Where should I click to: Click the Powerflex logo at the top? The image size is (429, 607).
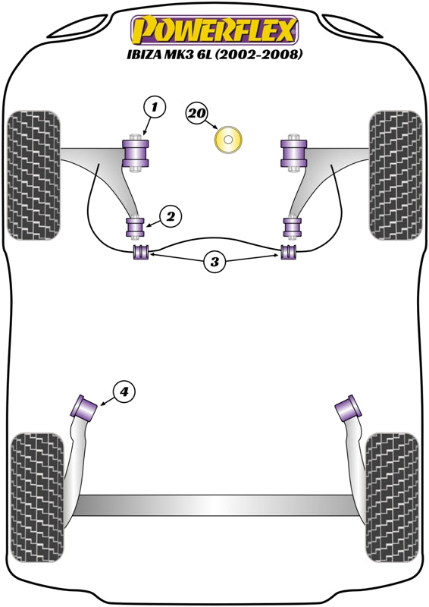pos(214,30)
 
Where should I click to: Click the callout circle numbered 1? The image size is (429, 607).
pos(155,107)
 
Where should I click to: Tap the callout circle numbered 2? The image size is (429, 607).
pos(171,217)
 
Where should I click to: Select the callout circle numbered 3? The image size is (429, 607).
pos(214,262)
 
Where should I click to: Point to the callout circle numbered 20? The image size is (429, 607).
pos(197,113)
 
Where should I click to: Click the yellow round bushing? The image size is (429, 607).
pos(228,139)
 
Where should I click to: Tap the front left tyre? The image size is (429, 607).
pos(34,175)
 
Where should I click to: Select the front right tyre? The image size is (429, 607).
pos(396,175)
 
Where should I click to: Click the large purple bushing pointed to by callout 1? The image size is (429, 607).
pos(136,153)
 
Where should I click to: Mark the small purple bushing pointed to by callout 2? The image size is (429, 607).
pos(136,227)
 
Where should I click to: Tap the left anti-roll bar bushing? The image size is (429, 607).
pos(141,252)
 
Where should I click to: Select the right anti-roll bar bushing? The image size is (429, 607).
pos(288,252)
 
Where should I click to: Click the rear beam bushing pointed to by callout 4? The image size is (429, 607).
pos(83,406)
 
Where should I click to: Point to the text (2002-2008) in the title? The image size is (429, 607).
pos(258,54)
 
